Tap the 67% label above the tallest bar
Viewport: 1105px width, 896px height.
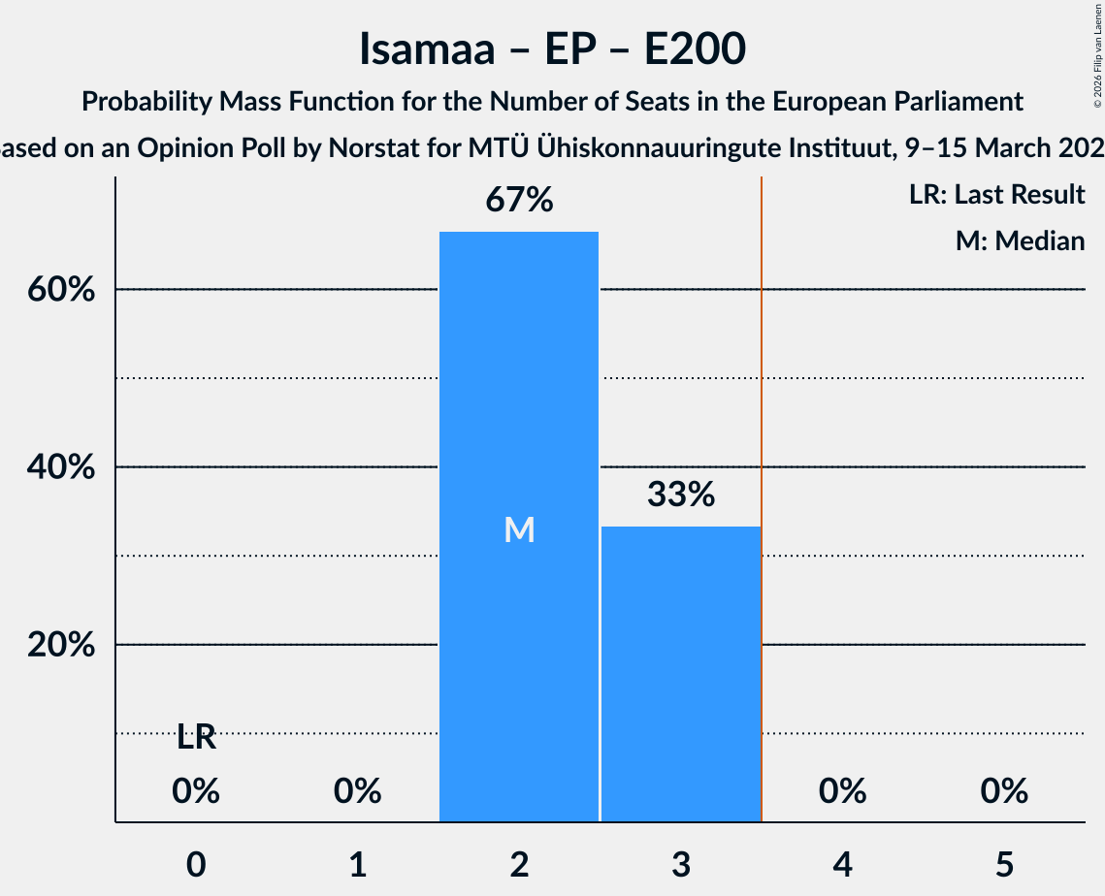coord(519,201)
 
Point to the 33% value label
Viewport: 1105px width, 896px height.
coord(680,496)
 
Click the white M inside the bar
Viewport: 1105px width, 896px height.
coord(519,529)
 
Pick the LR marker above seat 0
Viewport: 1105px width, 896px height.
coord(196,738)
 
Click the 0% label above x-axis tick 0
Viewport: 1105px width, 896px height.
coord(196,792)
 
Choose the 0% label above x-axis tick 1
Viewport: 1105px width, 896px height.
coord(357,792)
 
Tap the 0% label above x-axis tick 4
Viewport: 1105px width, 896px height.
coord(842,792)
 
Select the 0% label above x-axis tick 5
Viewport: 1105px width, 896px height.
coord(1003,792)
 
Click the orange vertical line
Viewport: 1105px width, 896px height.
coord(762,485)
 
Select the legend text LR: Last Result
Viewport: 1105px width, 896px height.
coord(996,195)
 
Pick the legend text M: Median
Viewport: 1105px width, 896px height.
coord(1020,240)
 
